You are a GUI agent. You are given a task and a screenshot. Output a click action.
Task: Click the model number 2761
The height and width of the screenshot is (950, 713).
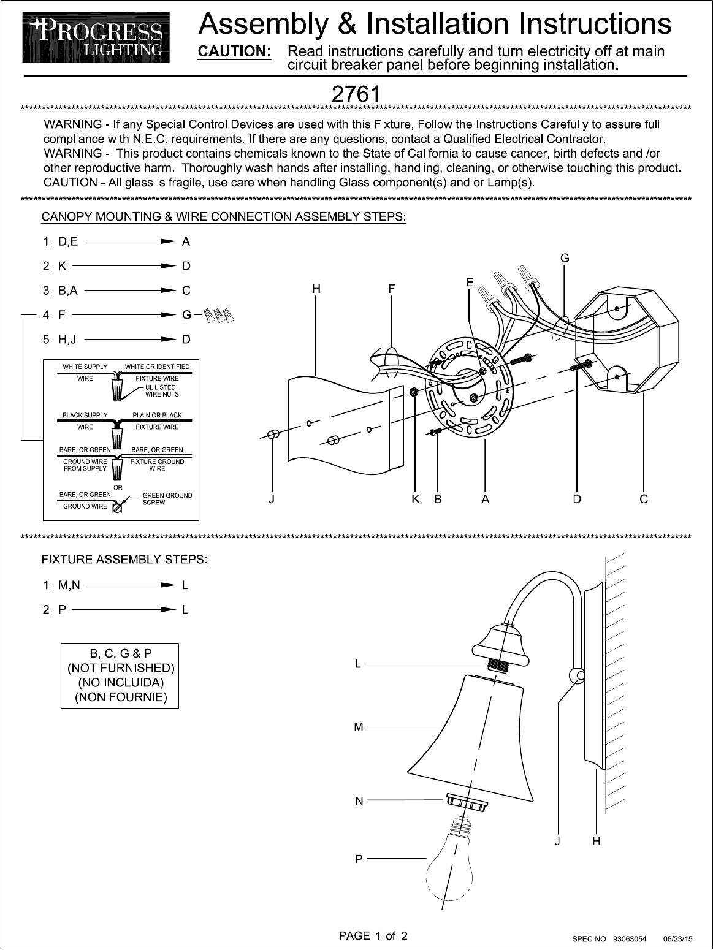click(x=354, y=94)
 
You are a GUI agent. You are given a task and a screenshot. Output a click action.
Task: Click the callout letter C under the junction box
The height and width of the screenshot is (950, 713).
click(x=643, y=500)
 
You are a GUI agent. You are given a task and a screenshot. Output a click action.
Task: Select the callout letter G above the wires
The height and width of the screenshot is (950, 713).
click(x=565, y=258)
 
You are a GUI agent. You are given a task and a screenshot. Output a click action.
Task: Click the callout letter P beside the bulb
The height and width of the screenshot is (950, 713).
click(x=359, y=860)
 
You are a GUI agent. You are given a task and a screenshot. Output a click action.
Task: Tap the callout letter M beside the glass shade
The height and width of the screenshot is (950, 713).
click(x=359, y=727)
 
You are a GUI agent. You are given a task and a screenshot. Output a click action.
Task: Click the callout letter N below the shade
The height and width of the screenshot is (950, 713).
click(x=359, y=800)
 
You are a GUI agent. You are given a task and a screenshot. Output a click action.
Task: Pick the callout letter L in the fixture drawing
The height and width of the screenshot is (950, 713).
click(x=359, y=663)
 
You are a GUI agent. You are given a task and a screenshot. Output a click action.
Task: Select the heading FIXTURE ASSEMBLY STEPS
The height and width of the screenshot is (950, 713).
click(x=124, y=560)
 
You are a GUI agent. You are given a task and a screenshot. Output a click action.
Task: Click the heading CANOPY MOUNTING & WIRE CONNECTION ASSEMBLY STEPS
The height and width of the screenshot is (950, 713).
click(x=224, y=217)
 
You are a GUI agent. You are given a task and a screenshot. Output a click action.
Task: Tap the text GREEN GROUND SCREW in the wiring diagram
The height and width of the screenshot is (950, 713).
click(x=167, y=499)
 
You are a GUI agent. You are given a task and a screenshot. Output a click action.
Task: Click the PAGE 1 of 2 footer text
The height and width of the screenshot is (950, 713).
click(x=373, y=936)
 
